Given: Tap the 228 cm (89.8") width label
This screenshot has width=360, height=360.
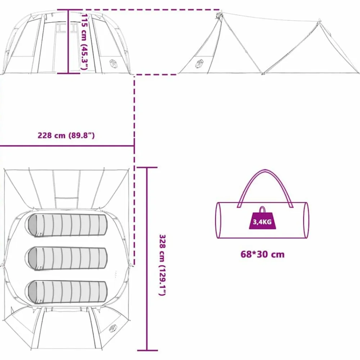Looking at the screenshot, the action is point(66,135).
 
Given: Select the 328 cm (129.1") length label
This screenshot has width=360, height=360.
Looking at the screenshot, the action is point(162,265).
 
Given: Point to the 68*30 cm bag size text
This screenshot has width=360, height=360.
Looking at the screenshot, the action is point(262,255).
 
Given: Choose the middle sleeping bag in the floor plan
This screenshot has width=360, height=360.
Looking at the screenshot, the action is point(68,259).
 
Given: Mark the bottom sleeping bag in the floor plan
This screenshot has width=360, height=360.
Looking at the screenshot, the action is point(68,292).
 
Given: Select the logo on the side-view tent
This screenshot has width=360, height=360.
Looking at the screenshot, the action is point(199,64).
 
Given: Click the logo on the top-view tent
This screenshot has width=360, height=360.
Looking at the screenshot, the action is point(113,328).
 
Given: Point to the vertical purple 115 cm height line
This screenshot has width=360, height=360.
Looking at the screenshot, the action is point(68,41).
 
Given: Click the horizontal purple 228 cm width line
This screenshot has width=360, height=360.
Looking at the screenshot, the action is point(67,146).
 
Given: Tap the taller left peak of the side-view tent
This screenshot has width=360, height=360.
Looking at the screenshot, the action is point(219,14).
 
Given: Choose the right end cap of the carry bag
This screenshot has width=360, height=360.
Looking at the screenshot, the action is point(306,220).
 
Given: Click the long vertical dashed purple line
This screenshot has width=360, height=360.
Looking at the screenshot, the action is point(134,170).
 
